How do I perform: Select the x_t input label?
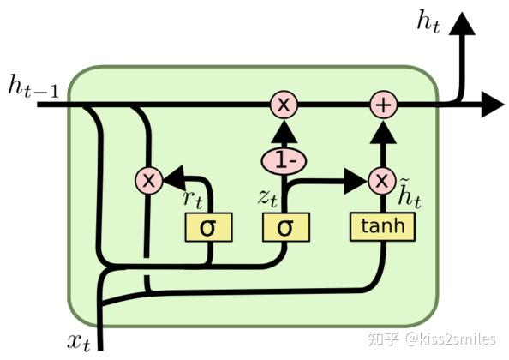(x=79, y=341)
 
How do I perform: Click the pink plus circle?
(x=382, y=105)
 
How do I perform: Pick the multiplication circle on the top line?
(x=284, y=105)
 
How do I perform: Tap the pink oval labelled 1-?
(x=284, y=159)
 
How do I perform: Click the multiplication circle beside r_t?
(x=148, y=180)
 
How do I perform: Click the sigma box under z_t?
(x=284, y=226)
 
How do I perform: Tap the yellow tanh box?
(x=381, y=226)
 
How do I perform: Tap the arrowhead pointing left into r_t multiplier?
(x=172, y=180)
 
